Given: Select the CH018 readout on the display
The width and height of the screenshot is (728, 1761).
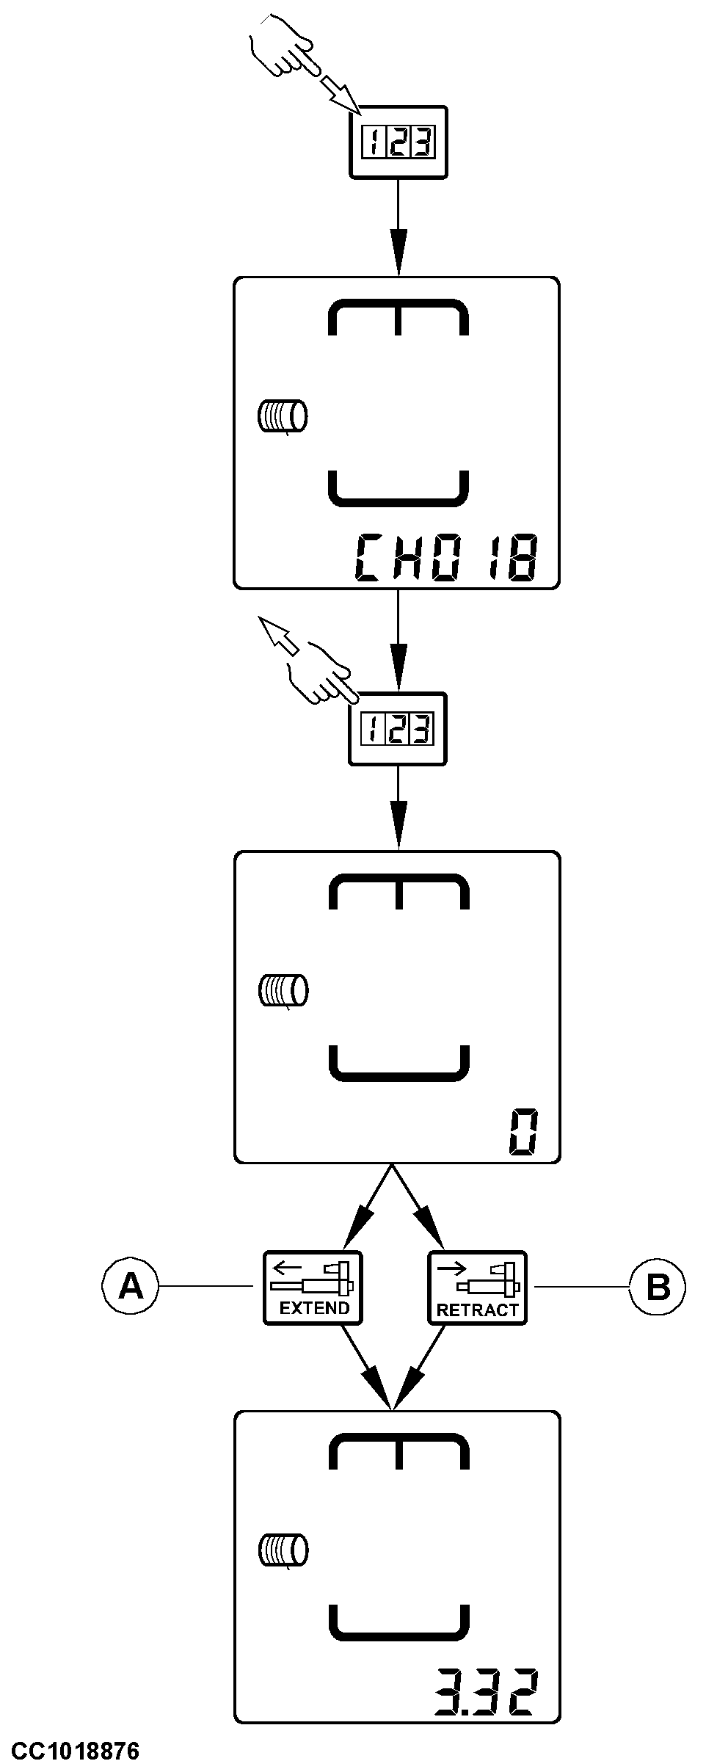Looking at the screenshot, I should coord(445,559).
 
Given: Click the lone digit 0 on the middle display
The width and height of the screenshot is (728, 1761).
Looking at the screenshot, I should coord(524,1134).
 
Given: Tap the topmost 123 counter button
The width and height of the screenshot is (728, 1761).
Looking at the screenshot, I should coord(398,142).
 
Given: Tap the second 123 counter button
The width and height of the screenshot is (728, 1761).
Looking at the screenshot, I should coord(397,729).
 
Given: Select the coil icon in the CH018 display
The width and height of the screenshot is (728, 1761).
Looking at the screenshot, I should coord(282,416).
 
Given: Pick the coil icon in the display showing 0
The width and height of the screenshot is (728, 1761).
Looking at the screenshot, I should coord(282,990).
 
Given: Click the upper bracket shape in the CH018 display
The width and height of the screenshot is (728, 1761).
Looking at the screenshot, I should coord(398,316).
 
